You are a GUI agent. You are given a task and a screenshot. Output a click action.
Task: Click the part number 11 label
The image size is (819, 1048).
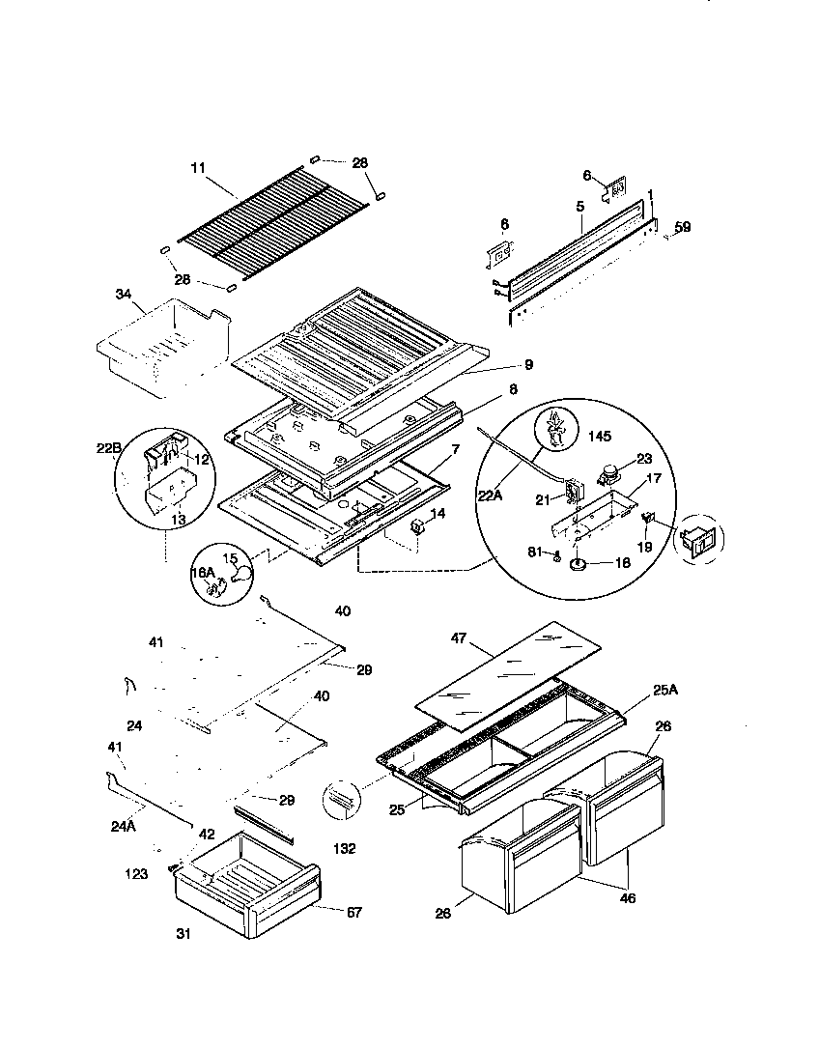pyautogui.click(x=198, y=168)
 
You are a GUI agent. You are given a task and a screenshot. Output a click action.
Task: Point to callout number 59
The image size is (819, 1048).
pyautogui.click(x=683, y=228)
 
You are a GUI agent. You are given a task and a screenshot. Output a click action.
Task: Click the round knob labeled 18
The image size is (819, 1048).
pyautogui.click(x=580, y=565)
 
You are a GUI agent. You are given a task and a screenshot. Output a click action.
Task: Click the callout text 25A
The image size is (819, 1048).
pyautogui.click(x=665, y=690)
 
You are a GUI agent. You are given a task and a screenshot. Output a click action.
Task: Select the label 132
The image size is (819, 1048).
pyautogui.click(x=344, y=849)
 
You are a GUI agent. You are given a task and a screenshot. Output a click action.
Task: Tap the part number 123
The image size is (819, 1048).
pyautogui.click(x=136, y=874)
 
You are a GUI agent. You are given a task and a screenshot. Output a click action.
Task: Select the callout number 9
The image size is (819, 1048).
pyautogui.click(x=528, y=365)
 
